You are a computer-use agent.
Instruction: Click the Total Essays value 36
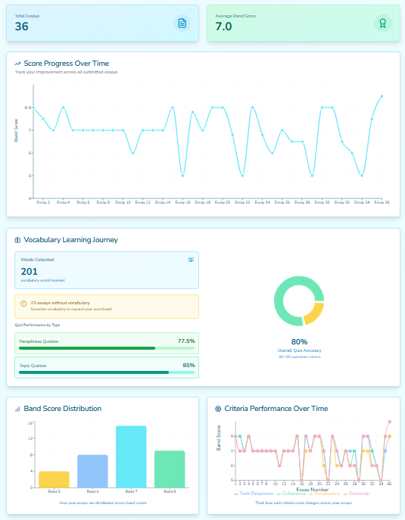22,26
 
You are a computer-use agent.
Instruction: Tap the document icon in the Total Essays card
182,23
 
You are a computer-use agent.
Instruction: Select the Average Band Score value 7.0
223,26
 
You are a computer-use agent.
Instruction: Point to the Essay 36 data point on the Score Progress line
382,96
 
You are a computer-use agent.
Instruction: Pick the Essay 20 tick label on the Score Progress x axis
223,202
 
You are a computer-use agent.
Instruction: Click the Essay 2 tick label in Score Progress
43,202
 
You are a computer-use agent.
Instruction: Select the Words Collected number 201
30,271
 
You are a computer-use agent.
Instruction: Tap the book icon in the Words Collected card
191,260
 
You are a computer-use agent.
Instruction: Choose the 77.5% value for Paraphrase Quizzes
185,341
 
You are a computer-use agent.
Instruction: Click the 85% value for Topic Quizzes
188,366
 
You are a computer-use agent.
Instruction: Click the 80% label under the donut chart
298,341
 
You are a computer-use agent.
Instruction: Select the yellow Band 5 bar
54,479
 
